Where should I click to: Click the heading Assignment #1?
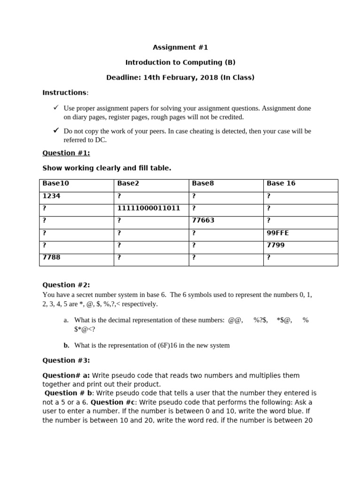point(180,47)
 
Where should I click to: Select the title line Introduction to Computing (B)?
point(180,62)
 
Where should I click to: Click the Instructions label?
point(64,92)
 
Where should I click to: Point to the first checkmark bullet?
point(56,108)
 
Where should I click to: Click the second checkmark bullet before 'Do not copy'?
point(56,130)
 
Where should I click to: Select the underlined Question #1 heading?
point(66,153)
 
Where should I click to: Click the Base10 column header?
point(55,183)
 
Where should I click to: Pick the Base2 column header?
point(129,183)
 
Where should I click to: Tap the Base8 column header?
point(203,183)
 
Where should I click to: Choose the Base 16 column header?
point(281,183)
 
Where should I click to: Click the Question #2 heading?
point(66,284)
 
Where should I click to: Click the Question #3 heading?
point(66,360)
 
